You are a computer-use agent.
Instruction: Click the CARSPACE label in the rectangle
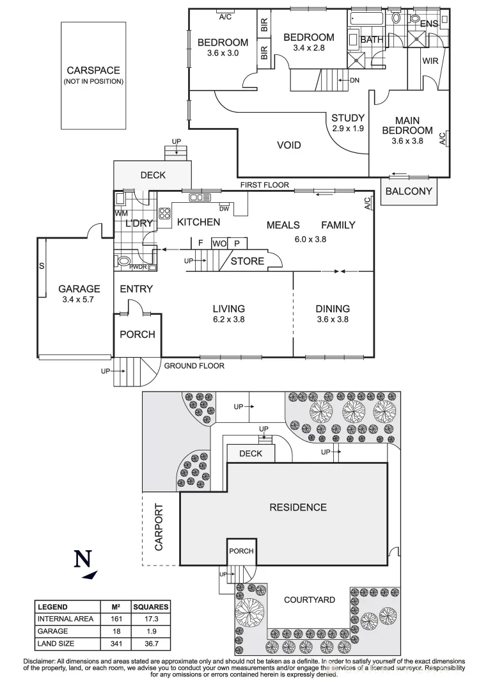pos(93,71)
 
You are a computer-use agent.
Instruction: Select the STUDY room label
pos(347,118)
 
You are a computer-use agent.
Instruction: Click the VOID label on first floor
pos(288,145)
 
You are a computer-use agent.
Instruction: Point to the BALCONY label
pos(409,191)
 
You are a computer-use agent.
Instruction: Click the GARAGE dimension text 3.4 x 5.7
pos(79,299)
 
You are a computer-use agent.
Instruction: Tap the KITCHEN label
pos(198,222)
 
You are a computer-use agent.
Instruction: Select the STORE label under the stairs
pos(247,261)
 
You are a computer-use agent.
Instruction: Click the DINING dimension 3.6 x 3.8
pos(332,319)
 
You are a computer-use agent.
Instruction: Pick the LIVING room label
pos(229,308)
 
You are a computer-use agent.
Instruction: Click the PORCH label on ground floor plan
pos(138,334)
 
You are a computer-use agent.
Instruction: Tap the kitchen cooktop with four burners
pos(164,213)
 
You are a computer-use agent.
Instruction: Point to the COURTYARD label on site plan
pos(310,600)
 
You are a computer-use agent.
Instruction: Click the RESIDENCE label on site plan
pos(297,507)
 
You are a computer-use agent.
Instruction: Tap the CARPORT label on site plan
pos(159,527)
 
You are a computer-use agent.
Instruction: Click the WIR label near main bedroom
pos(430,62)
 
